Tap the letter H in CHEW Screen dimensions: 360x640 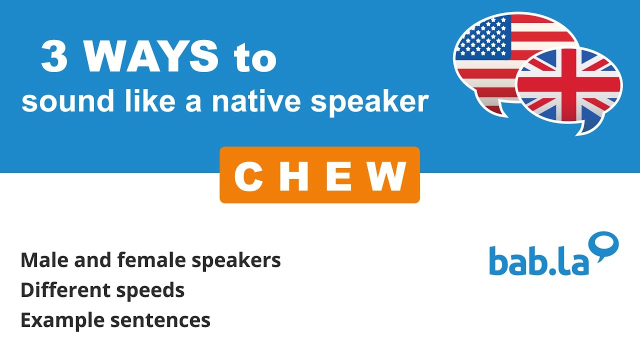(294, 176)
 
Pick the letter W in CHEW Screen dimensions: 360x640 (387, 176)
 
